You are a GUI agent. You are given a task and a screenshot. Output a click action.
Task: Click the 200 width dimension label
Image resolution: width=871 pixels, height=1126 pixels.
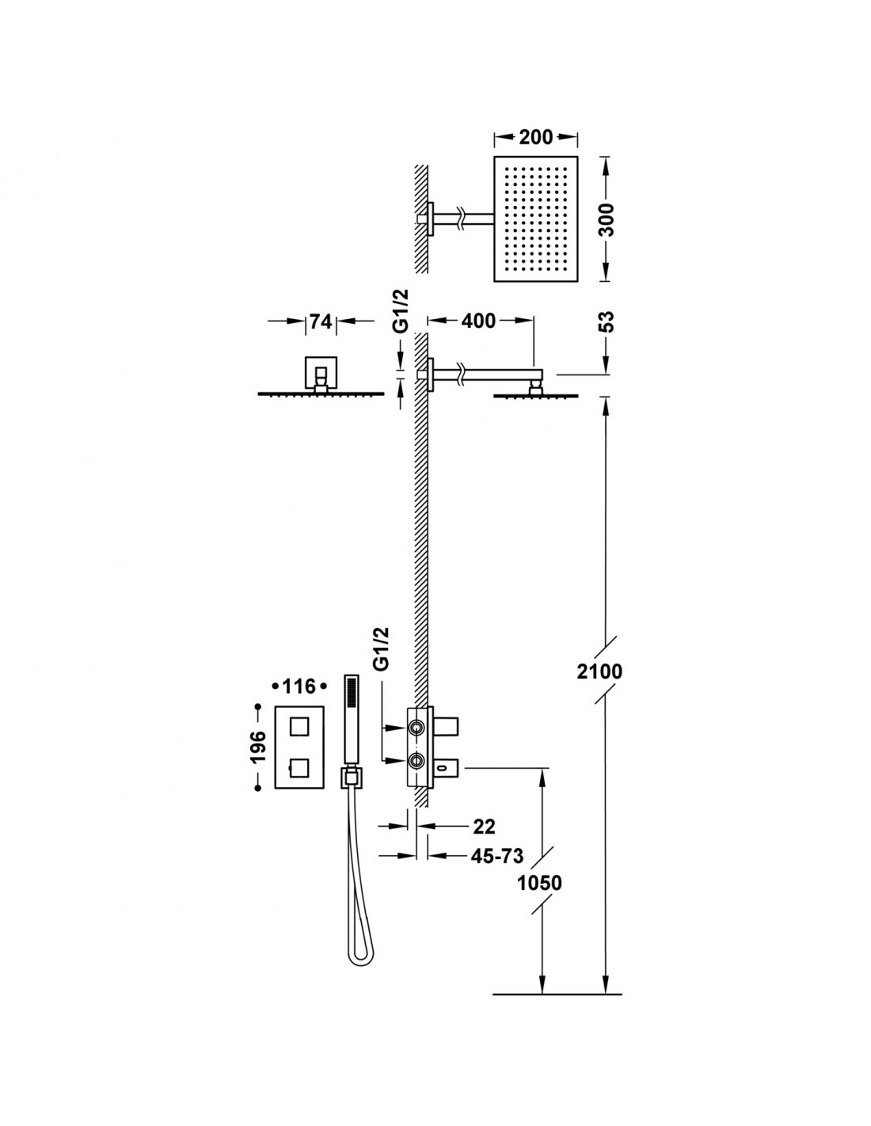tap(536, 138)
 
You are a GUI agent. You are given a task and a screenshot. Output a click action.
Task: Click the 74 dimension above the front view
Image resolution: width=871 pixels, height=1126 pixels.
tap(321, 321)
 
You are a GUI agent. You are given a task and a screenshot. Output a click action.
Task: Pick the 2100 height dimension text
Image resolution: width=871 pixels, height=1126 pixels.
tap(599, 671)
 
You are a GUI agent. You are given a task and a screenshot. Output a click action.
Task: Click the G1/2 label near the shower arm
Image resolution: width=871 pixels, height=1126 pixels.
tap(401, 310)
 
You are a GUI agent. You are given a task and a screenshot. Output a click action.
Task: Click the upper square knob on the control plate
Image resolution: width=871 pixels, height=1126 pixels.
tap(299, 726)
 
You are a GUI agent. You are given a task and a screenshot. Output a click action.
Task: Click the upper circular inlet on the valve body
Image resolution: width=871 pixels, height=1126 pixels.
tap(416, 728)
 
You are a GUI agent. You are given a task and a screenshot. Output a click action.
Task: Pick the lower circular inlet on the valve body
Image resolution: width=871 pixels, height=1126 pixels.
tap(416, 760)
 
